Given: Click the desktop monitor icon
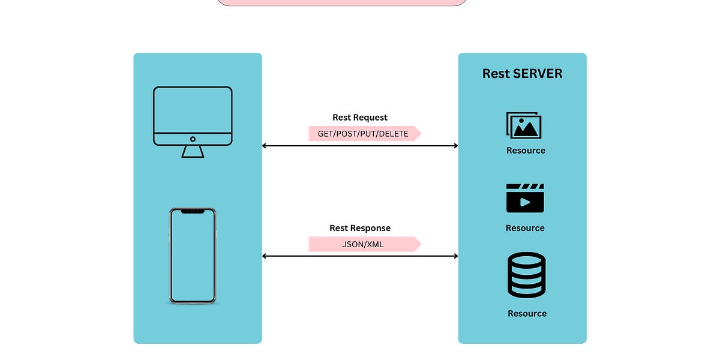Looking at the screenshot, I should [193, 117].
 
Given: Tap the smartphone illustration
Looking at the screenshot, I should [192, 256].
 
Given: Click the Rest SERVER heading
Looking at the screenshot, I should [522, 74].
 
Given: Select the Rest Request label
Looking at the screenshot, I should [360, 118].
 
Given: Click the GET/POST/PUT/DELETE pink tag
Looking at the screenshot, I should [364, 134].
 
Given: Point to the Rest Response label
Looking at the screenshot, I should [360, 228].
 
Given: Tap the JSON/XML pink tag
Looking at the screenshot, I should [364, 244].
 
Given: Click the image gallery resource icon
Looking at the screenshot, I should [524, 125].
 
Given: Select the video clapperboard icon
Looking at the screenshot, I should [525, 198].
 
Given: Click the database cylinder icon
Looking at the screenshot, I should [526, 275].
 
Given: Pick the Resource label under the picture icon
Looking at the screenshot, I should [526, 151].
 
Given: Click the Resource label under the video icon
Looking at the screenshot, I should [525, 228].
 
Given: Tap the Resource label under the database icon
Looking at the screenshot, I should [527, 313].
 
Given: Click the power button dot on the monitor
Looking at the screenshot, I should [193, 139].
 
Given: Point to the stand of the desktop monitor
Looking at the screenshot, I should [193, 152].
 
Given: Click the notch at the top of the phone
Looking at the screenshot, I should [192, 211].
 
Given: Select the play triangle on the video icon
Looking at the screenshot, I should [526, 202].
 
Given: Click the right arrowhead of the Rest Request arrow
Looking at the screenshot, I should [455, 146].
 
